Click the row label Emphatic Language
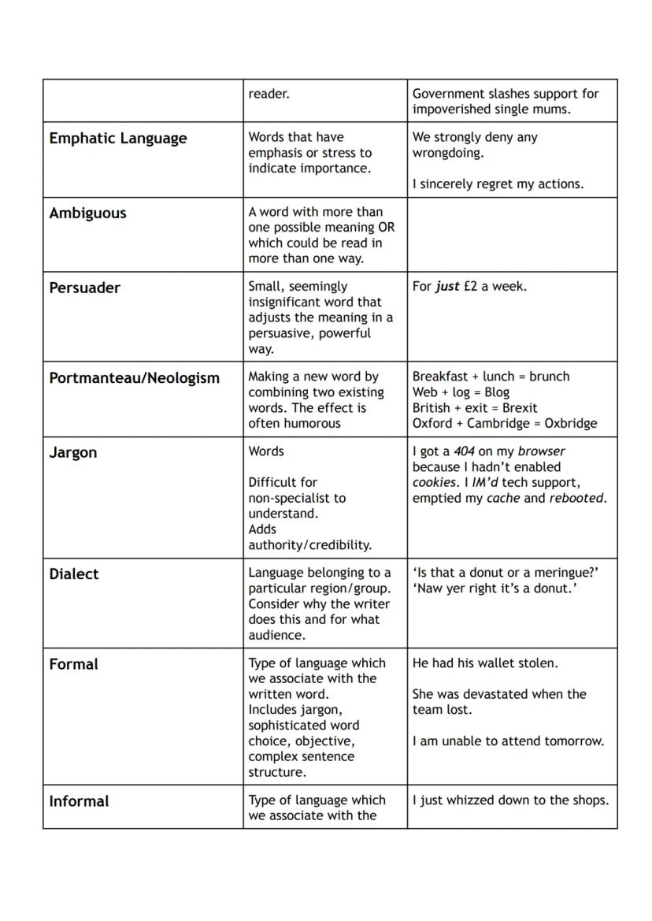(x=118, y=139)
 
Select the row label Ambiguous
(x=87, y=214)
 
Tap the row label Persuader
(x=84, y=288)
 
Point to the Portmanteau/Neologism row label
(x=134, y=378)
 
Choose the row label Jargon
(x=73, y=453)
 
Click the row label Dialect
(x=74, y=574)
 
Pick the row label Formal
(x=73, y=665)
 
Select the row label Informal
(x=79, y=802)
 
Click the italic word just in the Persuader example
(x=447, y=287)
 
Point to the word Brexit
(x=519, y=408)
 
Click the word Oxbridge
(x=570, y=423)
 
